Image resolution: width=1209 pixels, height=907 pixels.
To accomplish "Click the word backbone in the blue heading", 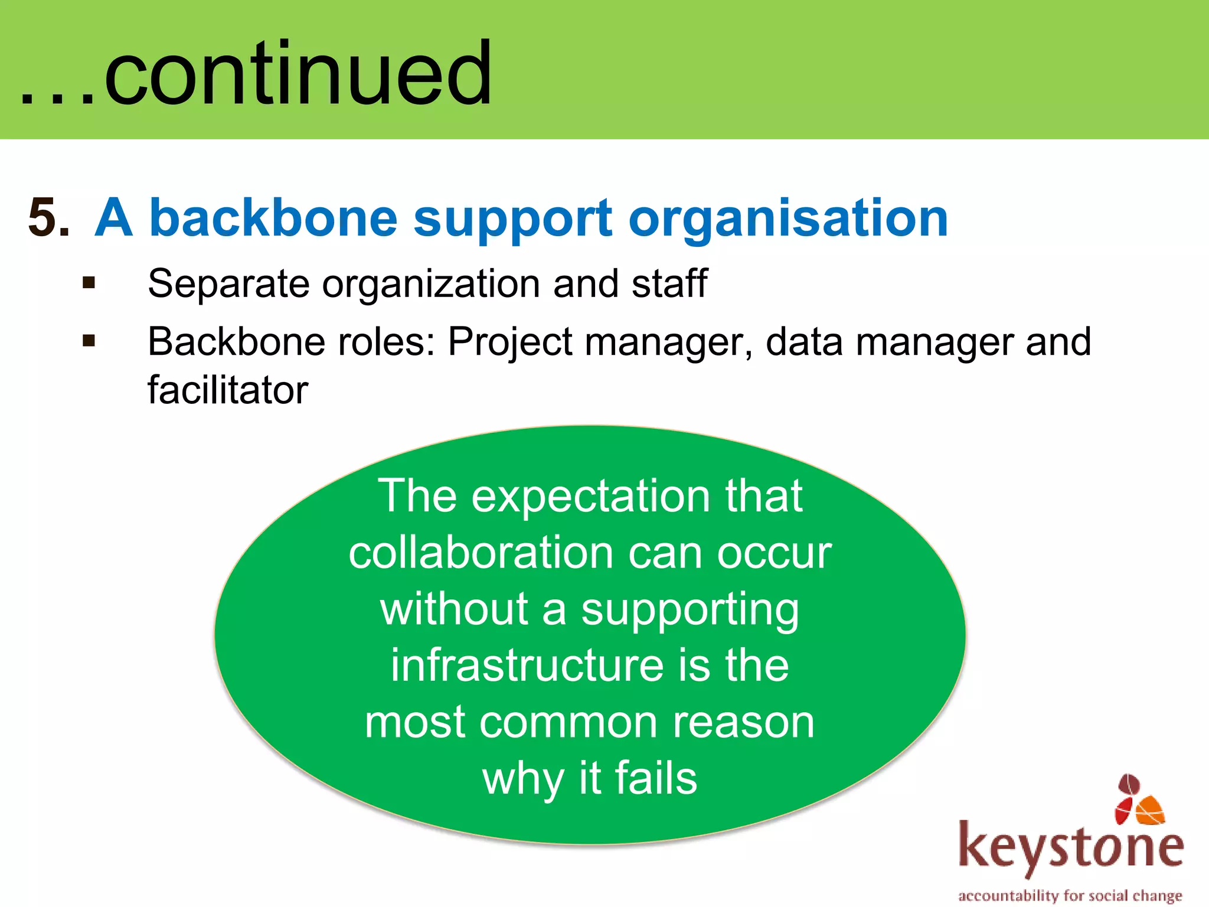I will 273,217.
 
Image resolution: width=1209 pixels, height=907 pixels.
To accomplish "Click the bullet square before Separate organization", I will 89,283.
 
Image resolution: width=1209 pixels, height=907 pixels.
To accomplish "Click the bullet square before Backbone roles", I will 89,341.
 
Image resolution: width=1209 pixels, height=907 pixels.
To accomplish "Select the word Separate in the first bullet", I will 228,284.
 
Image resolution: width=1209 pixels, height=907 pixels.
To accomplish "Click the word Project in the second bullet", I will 510,342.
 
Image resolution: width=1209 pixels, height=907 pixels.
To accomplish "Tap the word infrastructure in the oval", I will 527,665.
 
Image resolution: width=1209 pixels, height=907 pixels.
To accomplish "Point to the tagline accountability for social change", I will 1070,895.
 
